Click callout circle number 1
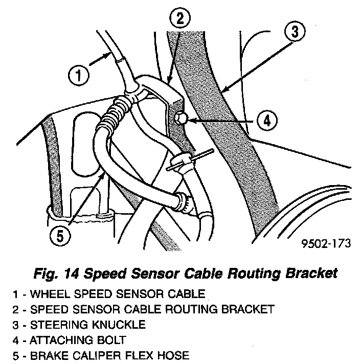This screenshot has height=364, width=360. pyautogui.click(x=78, y=77)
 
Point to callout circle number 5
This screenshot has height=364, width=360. pyautogui.click(x=60, y=237)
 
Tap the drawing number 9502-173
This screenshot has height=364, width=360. pyautogui.click(x=326, y=243)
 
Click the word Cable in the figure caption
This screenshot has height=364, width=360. pyautogui.click(x=204, y=273)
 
